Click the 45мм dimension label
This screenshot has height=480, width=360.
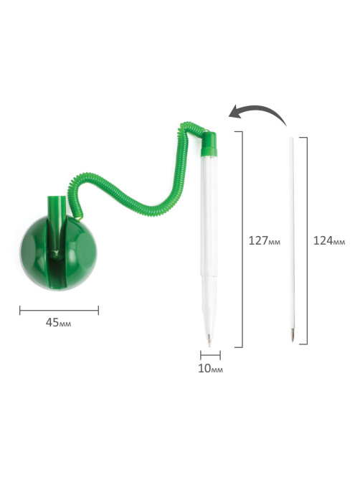click(x=58, y=322)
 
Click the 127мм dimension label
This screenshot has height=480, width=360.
click(x=265, y=241)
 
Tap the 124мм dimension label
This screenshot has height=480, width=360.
click(x=329, y=241)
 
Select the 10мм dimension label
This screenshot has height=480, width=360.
click(x=210, y=369)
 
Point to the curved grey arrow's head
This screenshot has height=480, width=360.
click(x=234, y=113)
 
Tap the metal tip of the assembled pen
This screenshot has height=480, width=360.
click(x=209, y=340)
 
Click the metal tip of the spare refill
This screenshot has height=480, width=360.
click(x=293, y=335)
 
